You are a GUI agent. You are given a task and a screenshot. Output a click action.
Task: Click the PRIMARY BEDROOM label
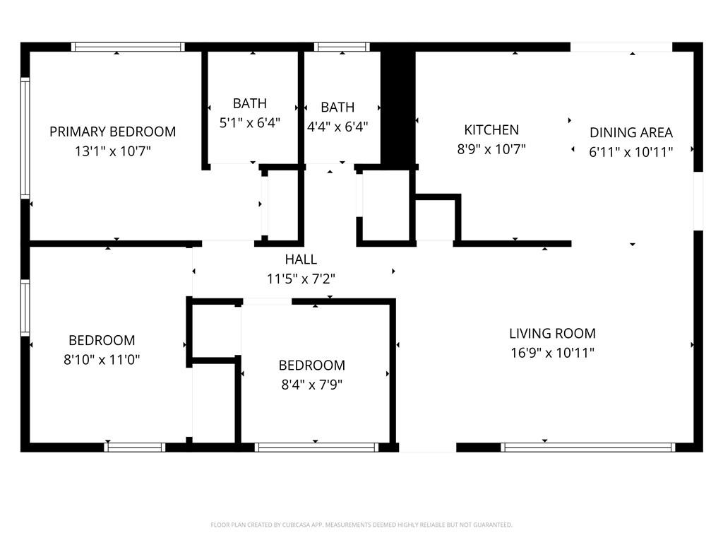pyautogui.click(x=112, y=132)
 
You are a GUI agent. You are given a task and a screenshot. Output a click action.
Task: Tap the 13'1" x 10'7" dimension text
pyautogui.click(x=113, y=151)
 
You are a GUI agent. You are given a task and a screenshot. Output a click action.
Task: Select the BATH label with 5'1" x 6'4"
pyautogui.click(x=249, y=103)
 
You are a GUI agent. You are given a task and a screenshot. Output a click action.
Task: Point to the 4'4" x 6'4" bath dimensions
pyautogui.click(x=337, y=127)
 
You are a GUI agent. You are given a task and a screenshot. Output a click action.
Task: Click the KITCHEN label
pyautogui.click(x=491, y=130)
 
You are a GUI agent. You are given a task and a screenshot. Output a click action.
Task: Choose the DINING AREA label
pyautogui.click(x=631, y=132)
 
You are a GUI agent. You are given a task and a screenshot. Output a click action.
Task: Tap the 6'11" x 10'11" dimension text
pyautogui.click(x=631, y=152)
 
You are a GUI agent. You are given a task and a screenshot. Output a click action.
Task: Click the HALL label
pyautogui.click(x=301, y=259)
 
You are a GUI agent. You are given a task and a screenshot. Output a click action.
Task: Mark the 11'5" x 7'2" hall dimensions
pyautogui.click(x=301, y=279)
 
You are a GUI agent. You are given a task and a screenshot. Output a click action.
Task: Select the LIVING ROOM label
pyautogui.click(x=552, y=334)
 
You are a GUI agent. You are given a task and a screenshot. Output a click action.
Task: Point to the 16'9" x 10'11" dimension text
pyautogui.click(x=552, y=353)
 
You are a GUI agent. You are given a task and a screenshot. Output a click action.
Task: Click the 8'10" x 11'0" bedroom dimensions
pyautogui.click(x=102, y=359)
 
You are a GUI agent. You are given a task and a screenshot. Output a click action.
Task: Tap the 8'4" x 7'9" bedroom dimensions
pyautogui.click(x=311, y=385)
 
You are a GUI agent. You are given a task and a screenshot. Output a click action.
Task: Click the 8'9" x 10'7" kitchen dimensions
pyautogui.click(x=491, y=149)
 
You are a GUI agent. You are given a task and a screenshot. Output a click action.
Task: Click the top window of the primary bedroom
pyautogui.click(x=129, y=47)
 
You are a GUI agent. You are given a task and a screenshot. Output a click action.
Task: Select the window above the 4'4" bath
pyautogui.click(x=342, y=47)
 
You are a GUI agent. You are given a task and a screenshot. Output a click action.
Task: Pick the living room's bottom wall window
pyautogui.click(x=588, y=447)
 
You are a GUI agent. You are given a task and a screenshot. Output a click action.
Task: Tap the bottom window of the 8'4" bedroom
pyautogui.click(x=316, y=447)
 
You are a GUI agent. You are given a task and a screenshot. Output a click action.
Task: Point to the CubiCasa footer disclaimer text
pyautogui.click(x=361, y=525)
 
